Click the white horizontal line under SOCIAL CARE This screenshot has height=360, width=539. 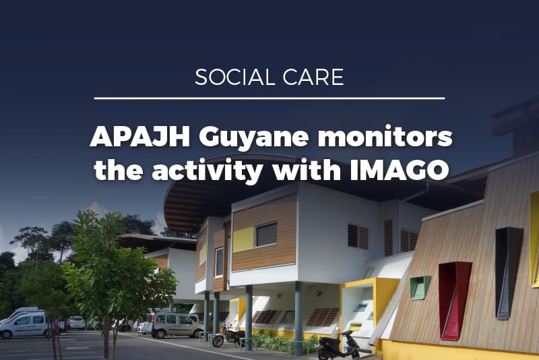click(269, 98)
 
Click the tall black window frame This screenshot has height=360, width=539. click(508, 272)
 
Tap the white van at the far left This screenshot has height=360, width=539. click(24, 325)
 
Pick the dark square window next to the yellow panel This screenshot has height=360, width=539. click(266, 235)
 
